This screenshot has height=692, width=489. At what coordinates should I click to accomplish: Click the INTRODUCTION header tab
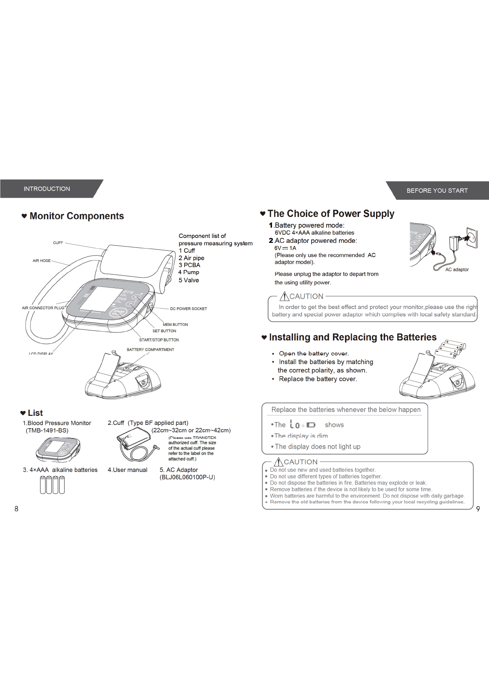tap(47, 189)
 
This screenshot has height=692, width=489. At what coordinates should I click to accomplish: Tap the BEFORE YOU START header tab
tap(437, 191)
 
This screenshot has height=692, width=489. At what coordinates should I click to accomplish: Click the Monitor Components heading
tap(76, 216)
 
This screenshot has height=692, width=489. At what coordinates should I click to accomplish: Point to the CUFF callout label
tap(58, 243)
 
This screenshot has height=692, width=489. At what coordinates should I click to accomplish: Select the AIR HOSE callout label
tap(42, 261)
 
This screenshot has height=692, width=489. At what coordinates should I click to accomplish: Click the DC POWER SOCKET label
tap(189, 309)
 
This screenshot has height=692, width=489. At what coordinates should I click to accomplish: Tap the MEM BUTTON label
tap(175, 325)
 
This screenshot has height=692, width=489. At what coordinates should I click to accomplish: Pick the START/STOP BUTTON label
tap(159, 340)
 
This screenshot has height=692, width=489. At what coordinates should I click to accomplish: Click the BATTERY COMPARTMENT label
tap(150, 350)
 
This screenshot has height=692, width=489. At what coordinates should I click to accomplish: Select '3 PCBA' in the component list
tap(189, 265)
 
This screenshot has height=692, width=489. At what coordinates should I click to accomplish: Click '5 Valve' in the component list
tap(189, 280)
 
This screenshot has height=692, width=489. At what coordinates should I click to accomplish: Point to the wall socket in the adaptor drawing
tap(473, 238)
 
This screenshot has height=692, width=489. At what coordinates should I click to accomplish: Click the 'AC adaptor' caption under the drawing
tap(457, 270)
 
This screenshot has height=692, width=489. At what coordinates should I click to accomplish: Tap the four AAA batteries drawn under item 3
tap(52, 485)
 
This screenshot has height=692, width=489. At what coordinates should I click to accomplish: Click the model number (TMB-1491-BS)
tap(47, 431)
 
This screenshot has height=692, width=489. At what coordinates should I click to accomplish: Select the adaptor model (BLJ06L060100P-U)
tap(187, 477)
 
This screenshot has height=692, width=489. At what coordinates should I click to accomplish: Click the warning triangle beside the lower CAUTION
tap(279, 462)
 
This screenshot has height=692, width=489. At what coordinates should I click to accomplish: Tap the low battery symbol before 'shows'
tap(302, 424)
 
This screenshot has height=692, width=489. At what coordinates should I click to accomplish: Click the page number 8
tap(16, 509)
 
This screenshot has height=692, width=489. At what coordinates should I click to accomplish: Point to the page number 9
tap(478, 509)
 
